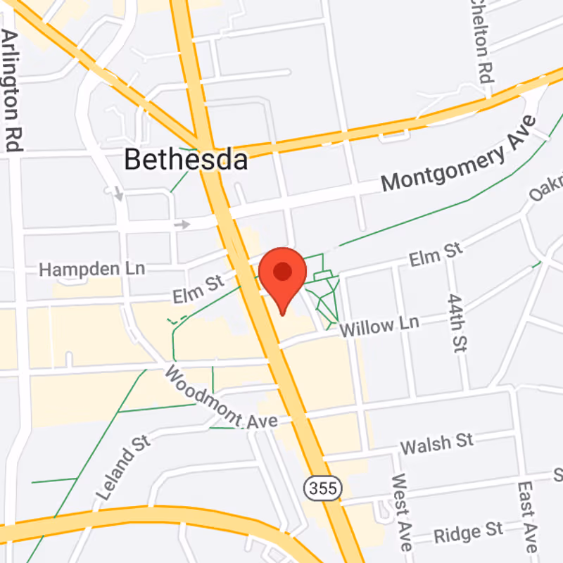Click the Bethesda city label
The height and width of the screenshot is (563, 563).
tap(186, 160)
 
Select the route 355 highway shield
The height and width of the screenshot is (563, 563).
tap(323, 486)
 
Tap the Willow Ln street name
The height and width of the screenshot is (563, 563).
tap(379, 326)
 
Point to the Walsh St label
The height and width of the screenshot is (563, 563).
tap(436, 443)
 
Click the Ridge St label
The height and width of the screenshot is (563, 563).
tap(468, 532)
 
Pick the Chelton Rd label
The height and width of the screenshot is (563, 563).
tap(481, 39)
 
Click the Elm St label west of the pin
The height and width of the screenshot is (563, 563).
tap(198, 289)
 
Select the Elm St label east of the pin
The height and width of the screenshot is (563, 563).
tap(436, 254)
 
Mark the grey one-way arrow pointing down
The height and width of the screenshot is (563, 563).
tap(119, 193)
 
